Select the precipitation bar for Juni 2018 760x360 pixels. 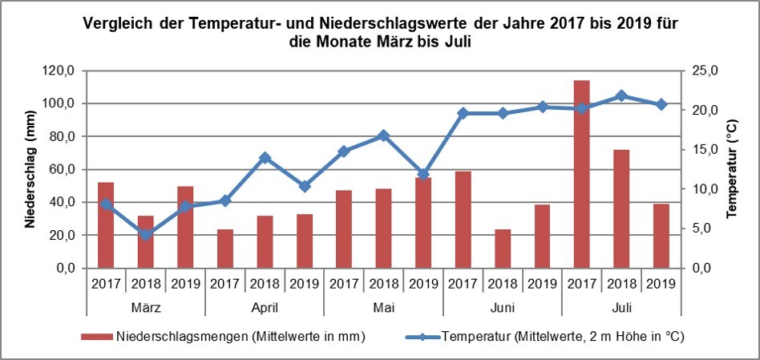(502, 249)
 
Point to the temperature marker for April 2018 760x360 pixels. (265, 158)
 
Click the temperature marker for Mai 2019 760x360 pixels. (423, 174)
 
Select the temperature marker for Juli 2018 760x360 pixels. (621, 96)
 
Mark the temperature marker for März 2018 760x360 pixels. (145, 235)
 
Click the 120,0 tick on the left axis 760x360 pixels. (59, 71)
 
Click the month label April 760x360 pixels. (265, 307)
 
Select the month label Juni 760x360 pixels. (502, 307)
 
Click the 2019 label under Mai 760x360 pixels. (423, 283)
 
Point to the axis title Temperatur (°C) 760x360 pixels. (731, 169)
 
